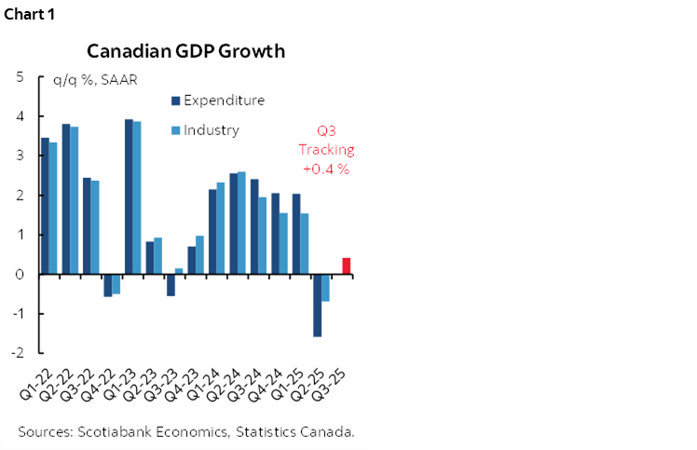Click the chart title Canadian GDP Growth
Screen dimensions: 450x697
185,51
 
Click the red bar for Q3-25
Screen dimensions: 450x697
347,266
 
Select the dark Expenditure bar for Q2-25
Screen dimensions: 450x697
318,305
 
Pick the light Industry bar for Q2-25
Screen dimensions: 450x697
326,287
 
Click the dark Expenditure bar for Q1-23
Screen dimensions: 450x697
130,197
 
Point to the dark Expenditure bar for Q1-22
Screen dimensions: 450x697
46,206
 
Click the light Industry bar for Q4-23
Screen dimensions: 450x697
200,254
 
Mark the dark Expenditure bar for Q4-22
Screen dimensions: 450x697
108,285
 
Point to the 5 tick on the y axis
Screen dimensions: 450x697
20,77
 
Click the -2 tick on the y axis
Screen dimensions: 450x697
18,353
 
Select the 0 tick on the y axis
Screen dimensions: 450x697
20,275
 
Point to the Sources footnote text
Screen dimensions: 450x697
186,431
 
